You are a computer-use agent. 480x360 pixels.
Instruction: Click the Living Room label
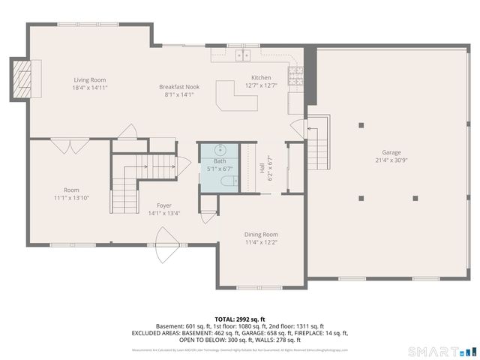[89, 79]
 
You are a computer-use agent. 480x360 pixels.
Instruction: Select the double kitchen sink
[242, 55]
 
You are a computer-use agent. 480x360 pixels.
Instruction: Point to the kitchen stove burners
[296, 75]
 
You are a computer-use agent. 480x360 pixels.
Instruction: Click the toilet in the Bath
[231, 180]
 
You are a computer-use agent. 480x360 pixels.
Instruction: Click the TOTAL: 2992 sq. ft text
[239, 319]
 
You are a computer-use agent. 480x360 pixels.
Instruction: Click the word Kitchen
[260, 77]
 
